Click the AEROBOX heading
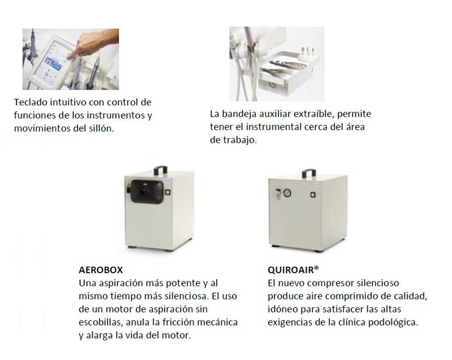(101, 269)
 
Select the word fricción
(184, 322)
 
